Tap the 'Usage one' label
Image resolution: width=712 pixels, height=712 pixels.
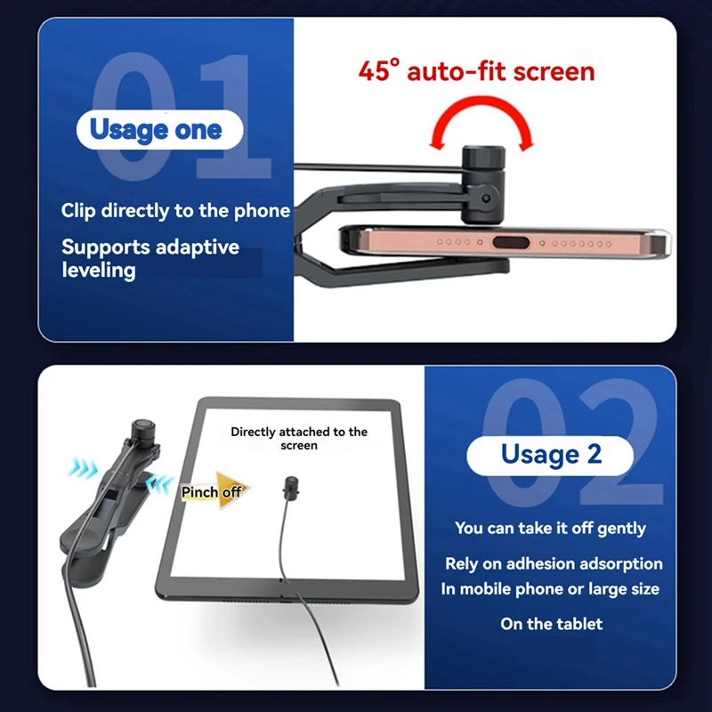click(155, 130)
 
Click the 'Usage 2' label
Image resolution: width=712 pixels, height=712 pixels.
click(551, 454)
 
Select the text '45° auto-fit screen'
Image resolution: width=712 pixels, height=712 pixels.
click(476, 70)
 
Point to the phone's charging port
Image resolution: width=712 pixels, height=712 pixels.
click(509, 242)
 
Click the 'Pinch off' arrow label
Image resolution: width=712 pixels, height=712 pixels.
click(214, 491)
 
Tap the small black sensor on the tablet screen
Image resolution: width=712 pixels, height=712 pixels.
click(290, 487)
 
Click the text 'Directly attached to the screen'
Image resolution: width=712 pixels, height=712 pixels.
click(299, 438)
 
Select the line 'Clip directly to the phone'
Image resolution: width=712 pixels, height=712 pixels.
click(175, 211)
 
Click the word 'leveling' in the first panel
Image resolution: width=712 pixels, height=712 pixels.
click(98, 270)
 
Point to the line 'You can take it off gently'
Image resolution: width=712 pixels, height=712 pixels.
click(550, 528)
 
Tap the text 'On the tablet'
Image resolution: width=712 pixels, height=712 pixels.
click(551, 624)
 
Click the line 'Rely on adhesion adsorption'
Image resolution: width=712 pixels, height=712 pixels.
click(554, 564)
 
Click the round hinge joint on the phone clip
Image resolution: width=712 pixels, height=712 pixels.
click(485, 197)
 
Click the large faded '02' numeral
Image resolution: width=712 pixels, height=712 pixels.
click(570, 436)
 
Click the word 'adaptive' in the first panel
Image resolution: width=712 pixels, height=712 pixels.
click(198, 247)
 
